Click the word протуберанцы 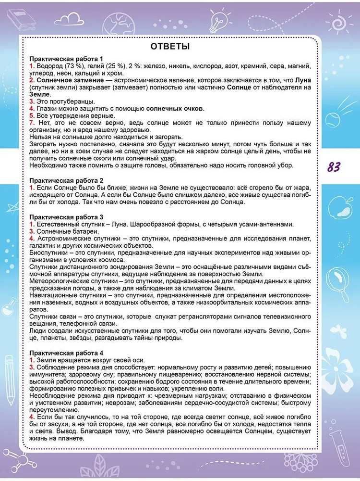[x=72, y=101]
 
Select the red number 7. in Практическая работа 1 [x=32, y=123]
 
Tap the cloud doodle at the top [x=71, y=19]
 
